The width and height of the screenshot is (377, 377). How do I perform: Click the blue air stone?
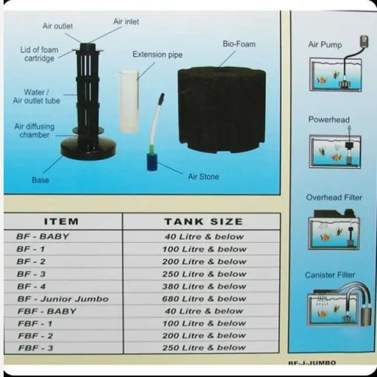point(152,162)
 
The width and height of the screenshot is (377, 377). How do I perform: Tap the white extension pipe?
point(129,102)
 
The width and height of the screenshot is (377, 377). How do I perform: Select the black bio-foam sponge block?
point(222,110)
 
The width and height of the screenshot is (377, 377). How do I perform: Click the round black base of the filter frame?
point(88,147)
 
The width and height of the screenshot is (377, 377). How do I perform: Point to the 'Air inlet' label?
point(126,22)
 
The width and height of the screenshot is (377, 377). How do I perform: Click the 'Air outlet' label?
point(57,27)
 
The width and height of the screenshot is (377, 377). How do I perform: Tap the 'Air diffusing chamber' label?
point(35,131)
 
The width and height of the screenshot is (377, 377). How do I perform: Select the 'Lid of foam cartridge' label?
point(39,54)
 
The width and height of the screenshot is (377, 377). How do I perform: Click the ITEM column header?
point(61,222)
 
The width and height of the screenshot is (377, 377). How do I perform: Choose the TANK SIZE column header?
point(203,222)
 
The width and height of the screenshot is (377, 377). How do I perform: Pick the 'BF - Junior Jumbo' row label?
point(63,299)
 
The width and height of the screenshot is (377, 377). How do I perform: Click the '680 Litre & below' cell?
point(204,299)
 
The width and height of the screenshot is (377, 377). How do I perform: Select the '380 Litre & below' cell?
point(204,286)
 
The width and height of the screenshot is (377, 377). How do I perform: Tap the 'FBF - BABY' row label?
point(47,311)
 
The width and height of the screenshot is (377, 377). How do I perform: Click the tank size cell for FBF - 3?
point(204,348)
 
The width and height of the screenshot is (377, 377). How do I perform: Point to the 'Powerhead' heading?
point(329,120)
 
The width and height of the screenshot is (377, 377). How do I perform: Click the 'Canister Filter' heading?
point(330,275)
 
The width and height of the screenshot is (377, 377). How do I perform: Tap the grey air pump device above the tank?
point(364,42)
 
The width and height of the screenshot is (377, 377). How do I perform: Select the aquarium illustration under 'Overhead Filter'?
point(334,230)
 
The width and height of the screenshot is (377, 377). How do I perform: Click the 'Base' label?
point(40,180)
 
